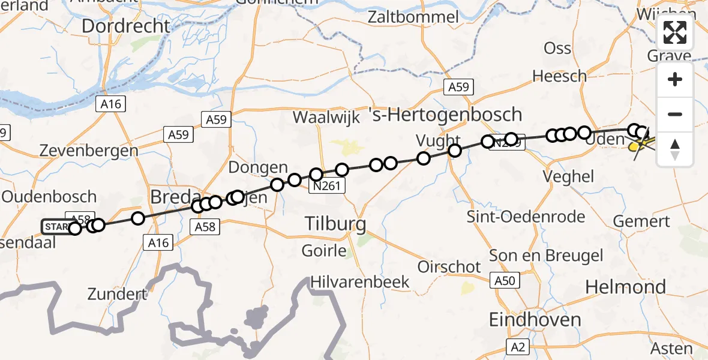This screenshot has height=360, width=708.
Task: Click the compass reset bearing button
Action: point(675,149)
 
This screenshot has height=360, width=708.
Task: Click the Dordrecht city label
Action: point(126,26)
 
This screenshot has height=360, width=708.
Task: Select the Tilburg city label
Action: point(335,224)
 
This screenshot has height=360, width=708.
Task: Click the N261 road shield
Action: point(327,186)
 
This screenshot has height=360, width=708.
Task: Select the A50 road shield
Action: point(505,281)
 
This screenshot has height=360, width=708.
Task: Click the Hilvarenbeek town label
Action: point(360,282)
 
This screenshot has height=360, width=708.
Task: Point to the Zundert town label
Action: point(117,294)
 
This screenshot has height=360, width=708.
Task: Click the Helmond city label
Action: point(625,287)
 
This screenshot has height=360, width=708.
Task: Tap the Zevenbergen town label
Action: point(88,151)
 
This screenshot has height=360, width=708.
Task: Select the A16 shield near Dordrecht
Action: point(111,104)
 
